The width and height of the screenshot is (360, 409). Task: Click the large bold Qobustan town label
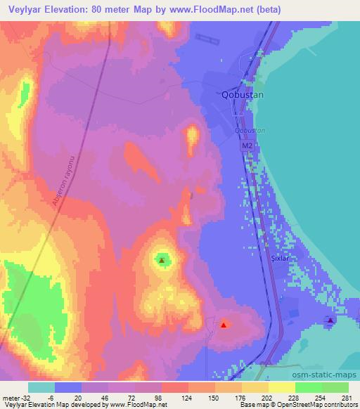click(242, 95)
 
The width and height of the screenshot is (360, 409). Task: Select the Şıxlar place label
click(281, 259)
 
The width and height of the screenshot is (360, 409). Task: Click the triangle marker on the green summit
click(162, 260)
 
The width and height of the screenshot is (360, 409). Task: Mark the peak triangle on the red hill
click(224, 324)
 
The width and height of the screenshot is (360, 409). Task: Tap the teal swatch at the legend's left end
click(41, 387)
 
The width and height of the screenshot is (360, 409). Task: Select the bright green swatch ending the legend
click(335, 387)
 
